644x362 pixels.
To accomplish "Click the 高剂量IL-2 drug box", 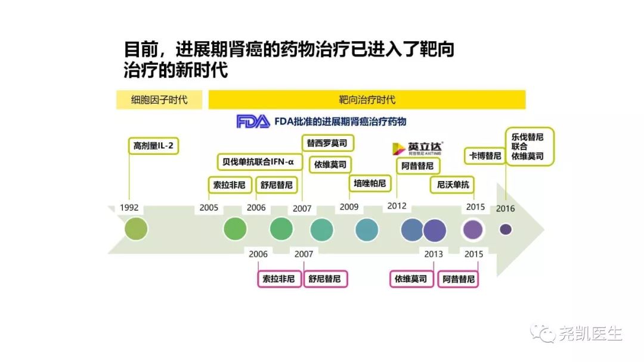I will point(154,146).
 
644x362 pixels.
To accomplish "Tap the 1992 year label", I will point(129,208).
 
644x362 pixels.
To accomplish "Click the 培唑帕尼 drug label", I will point(370,183).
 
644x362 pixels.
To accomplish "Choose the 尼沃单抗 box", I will point(453,185).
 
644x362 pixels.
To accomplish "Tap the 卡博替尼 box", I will point(485,156).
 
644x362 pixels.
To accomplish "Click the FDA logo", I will point(253,121).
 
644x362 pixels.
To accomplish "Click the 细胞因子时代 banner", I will point(159,99).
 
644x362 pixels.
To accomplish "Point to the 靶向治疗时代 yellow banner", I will point(367,99).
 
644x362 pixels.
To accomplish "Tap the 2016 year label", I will point(505,208).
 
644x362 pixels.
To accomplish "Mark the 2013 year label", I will point(434,254).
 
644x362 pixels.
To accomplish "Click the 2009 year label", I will point(349,207).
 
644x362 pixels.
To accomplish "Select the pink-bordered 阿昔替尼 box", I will point(459,279).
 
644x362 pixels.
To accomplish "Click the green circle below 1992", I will point(135,229).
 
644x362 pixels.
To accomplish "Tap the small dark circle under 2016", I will point(506,229).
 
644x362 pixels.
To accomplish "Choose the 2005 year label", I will point(209,208).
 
